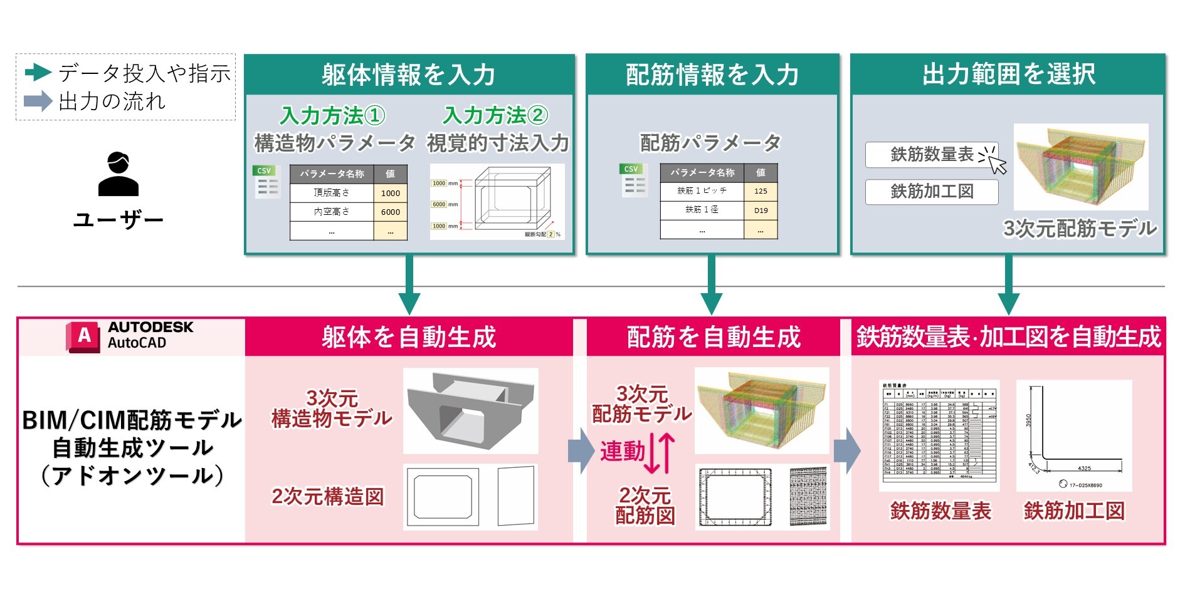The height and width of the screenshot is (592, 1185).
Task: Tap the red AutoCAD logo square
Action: [x=83, y=337]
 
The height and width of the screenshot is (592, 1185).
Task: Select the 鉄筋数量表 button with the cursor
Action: [x=932, y=155]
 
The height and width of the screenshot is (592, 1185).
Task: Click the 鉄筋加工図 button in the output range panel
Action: [x=932, y=192]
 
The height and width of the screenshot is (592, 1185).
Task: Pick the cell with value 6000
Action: [x=390, y=212]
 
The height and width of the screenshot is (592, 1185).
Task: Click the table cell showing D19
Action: [x=761, y=210]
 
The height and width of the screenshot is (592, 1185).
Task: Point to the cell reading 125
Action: [x=761, y=191]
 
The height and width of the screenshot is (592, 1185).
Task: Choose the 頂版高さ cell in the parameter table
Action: [x=332, y=193]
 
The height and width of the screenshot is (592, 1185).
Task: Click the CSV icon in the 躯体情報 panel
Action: [x=266, y=182]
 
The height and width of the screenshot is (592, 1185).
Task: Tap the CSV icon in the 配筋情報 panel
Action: [x=633, y=180]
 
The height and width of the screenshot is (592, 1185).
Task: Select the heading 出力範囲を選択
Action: [x=1008, y=75]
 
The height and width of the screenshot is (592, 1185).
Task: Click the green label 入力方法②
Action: [x=495, y=115]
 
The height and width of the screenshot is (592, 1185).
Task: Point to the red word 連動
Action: [x=622, y=451]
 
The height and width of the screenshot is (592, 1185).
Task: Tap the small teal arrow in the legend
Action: [x=38, y=73]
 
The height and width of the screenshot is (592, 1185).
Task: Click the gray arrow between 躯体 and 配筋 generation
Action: [x=580, y=451]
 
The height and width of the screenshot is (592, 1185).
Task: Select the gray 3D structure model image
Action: [x=470, y=410]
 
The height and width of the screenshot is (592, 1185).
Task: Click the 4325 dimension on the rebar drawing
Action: [x=1084, y=468]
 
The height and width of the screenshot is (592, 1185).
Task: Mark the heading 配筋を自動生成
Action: [x=714, y=338]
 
